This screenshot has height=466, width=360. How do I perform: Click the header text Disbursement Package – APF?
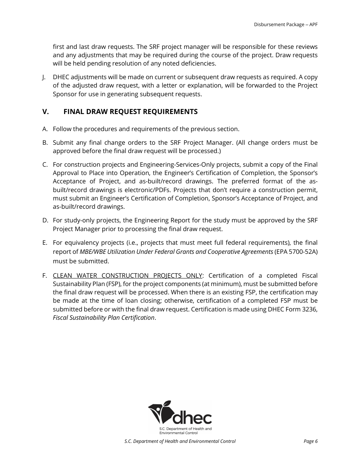tap(286, 24)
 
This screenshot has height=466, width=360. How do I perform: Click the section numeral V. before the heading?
tap(46, 112)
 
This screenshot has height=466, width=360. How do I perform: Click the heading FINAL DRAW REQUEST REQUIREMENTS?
tap(130, 112)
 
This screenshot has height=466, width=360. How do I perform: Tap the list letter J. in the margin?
tap(44, 77)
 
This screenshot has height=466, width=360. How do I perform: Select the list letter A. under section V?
tap(45, 129)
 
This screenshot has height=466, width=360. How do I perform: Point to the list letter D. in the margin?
tap(45, 220)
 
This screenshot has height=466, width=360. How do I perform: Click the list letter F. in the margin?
tap(45, 276)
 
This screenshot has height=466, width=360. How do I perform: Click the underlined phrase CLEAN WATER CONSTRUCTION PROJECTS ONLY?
tap(127, 276)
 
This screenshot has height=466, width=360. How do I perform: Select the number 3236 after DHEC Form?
tap(310, 309)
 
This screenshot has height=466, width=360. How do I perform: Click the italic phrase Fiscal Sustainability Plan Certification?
tap(103, 317)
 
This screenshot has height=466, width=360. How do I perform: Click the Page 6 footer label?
tap(310, 441)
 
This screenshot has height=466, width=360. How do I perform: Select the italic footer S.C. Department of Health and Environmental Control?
tap(180, 441)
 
